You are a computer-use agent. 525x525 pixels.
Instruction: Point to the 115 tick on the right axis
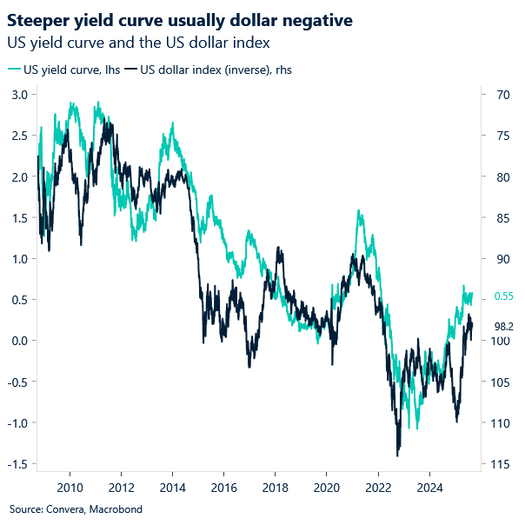click(x=501, y=464)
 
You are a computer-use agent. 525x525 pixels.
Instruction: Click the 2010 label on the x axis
click(x=70, y=487)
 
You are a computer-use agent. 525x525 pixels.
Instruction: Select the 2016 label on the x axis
click(x=224, y=487)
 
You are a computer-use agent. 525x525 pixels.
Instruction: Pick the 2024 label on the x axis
click(x=429, y=487)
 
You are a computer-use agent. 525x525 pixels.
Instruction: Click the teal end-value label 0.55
click(x=504, y=296)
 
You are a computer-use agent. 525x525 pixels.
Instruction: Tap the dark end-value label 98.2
click(x=504, y=326)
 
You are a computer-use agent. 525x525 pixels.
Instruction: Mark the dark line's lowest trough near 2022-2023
click(x=397, y=455)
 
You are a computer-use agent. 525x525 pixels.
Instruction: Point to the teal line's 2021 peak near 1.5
click(x=358, y=211)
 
